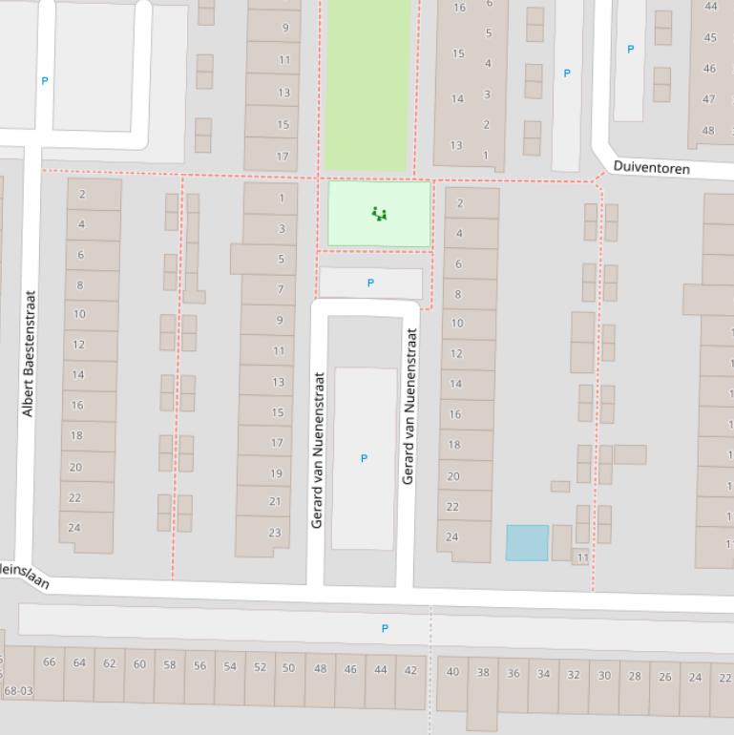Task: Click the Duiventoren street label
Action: pyautogui.click(x=651, y=167)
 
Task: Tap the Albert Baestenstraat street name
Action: pyautogui.click(x=28, y=353)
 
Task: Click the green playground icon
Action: pyautogui.click(x=380, y=214)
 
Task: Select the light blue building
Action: pyautogui.click(x=527, y=542)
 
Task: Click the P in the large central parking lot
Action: pyautogui.click(x=364, y=459)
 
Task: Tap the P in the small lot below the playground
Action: pyautogui.click(x=370, y=283)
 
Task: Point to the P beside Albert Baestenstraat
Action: pyautogui.click(x=44, y=82)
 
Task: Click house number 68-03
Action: pyautogui.click(x=18, y=690)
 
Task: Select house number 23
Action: pyautogui.click(x=275, y=533)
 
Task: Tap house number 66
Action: pyautogui.click(x=49, y=662)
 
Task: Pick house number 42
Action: pyautogui.click(x=410, y=670)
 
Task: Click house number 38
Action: pyautogui.click(x=483, y=672)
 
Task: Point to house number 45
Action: pyautogui.click(x=709, y=38)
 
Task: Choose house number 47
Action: pyautogui.click(x=708, y=99)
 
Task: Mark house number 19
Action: pyautogui.click(x=276, y=473)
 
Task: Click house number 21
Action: pyautogui.click(x=275, y=501)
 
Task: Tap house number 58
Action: pyautogui.click(x=170, y=665)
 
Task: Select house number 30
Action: pyautogui.click(x=604, y=676)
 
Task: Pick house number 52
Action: pyautogui.click(x=260, y=667)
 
